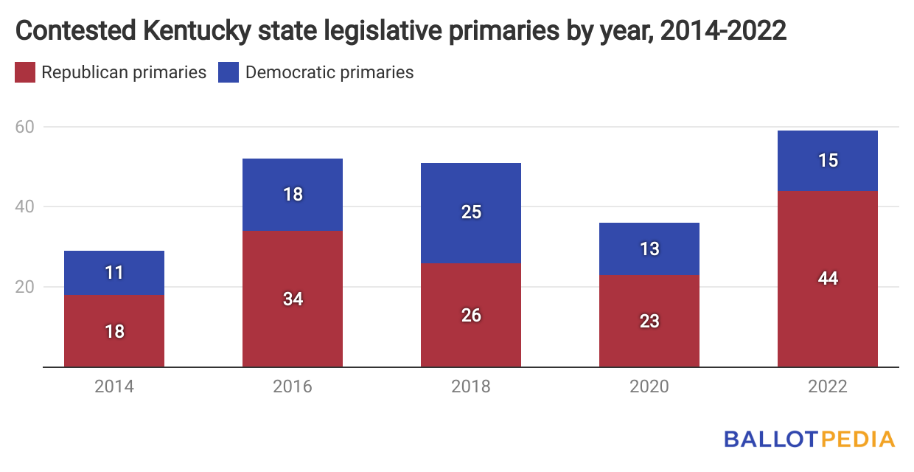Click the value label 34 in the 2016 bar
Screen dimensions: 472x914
coord(293,299)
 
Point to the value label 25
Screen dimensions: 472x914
coord(471,212)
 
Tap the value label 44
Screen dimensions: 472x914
coord(828,279)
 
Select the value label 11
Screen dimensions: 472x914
coord(114,273)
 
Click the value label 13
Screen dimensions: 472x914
coord(649,249)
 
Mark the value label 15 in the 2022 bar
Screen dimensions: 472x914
coord(828,161)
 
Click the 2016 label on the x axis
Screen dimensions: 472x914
coord(293,386)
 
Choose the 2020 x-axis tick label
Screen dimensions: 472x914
coord(649,386)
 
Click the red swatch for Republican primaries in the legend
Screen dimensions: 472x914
coord(25,72)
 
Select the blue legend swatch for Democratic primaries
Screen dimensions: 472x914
coord(228,72)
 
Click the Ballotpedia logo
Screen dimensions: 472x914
coord(809,439)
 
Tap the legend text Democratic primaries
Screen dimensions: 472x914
coord(329,72)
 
